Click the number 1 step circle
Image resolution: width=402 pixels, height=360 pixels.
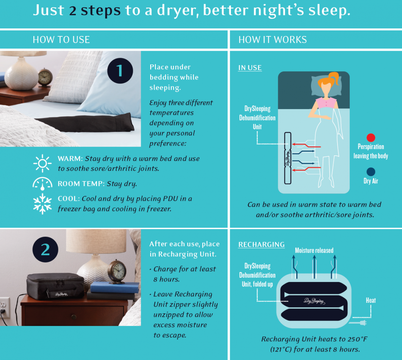click(x=120, y=70)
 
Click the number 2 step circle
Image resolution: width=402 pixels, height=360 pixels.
click(x=45, y=250)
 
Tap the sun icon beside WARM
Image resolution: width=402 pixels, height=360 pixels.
click(x=42, y=164)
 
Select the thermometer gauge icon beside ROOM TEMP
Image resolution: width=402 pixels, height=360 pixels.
click(x=42, y=184)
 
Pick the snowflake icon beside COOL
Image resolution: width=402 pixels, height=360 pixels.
click(x=42, y=204)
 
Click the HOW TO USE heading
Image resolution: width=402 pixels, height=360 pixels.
click(x=61, y=40)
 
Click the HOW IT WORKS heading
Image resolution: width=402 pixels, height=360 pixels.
click(x=272, y=40)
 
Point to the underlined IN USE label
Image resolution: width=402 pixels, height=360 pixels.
click(x=250, y=68)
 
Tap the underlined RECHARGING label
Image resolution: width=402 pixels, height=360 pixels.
click(x=261, y=244)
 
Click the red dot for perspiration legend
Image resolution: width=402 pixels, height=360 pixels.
click(x=371, y=138)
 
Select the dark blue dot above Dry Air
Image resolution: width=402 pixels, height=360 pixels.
click(x=371, y=172)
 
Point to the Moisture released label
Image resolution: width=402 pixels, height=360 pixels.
click(x=314, y=250)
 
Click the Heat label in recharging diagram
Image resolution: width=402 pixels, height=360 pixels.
click(x=371, y=300)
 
